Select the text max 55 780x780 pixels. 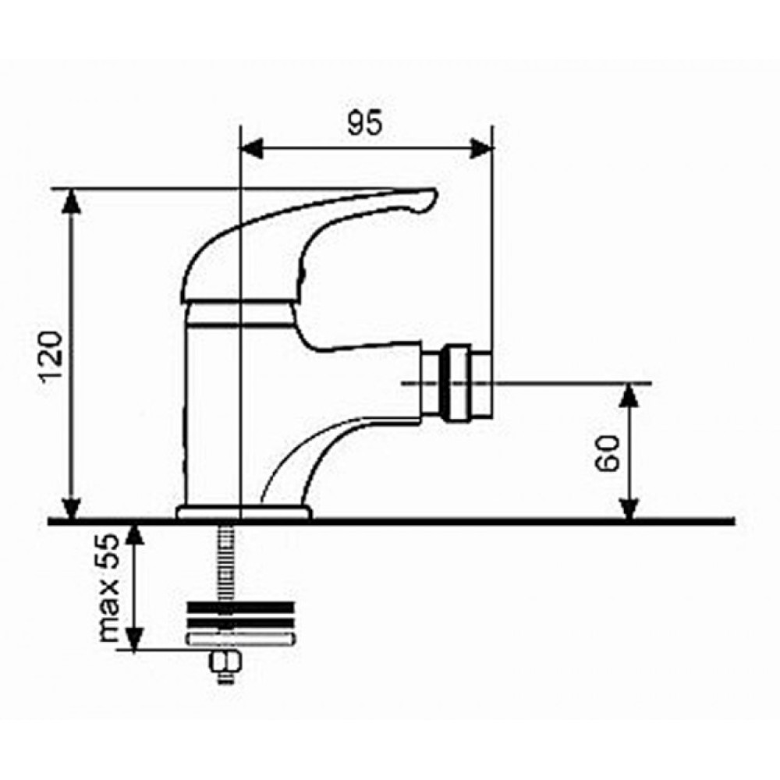[109, 588]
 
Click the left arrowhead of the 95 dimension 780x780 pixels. [251, 148]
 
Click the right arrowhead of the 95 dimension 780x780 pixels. [481, 148]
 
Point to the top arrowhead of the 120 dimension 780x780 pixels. [73, 200]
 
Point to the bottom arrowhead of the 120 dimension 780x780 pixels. [73, 508]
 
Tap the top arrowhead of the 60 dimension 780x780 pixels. [629, 395]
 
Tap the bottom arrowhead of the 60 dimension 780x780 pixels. [629, 509]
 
